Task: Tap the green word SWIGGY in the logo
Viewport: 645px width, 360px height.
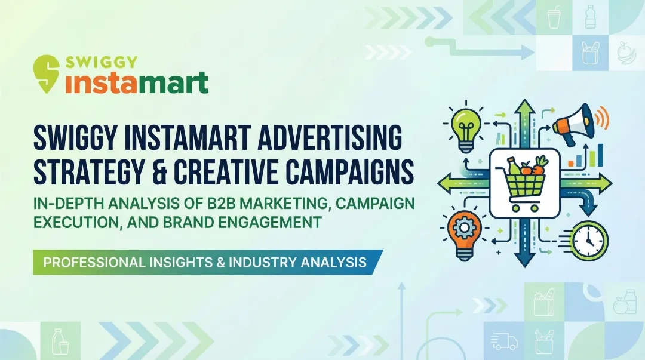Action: (x=102, y=62)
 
